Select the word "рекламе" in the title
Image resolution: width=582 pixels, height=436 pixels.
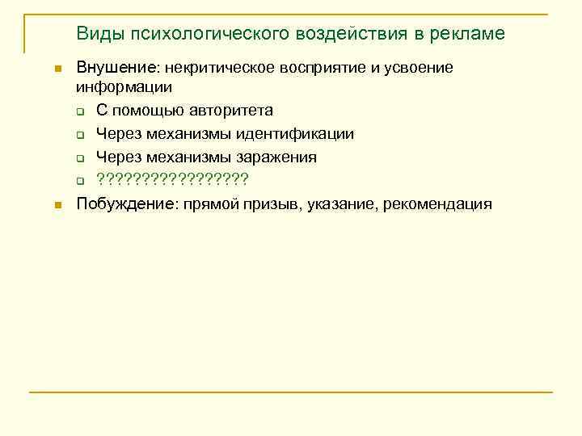468,34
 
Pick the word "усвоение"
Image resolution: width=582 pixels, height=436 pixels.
416,68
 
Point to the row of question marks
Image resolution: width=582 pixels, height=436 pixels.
172,179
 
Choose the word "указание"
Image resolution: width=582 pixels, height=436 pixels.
347,204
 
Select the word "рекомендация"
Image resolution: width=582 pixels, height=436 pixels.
441,204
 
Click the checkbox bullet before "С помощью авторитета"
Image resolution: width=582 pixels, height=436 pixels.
81,111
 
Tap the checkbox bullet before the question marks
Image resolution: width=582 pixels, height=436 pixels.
81,180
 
